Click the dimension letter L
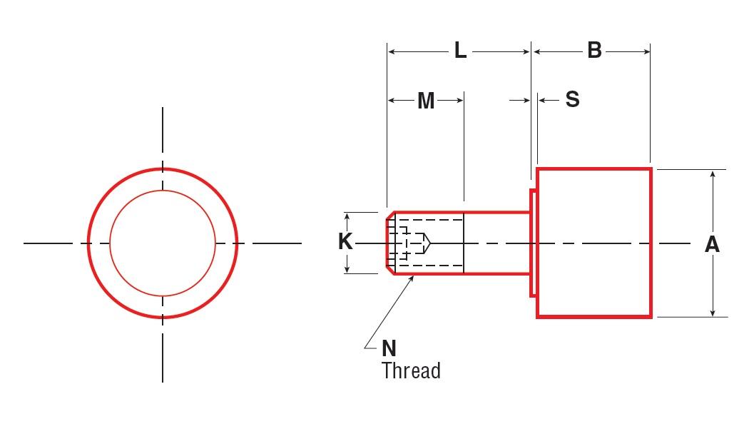(460, 51)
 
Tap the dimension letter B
(594, 51)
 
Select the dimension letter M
(426, 101)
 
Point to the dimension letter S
(572, 100)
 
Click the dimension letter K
(345, 242)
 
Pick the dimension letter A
(712, 245)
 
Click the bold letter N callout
(389, 348)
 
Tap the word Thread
(411, 371)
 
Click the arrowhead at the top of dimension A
(713, 173)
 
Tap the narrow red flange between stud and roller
(533, 243)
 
